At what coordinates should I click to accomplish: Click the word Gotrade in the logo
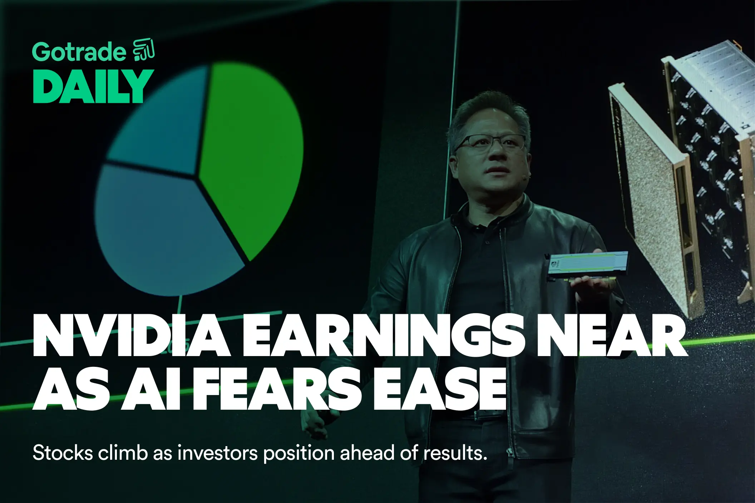tap(79, 52)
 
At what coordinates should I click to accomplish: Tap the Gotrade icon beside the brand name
tap(144, 49)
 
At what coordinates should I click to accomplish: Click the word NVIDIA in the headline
tap(130, 336)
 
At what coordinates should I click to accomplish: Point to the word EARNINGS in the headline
tap(383, 336)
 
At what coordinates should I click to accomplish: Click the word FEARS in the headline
tap(277, 390)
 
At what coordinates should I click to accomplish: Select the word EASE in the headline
tap(440, 390)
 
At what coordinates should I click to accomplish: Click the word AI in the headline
tap(150, 390)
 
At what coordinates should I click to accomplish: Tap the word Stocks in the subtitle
tap(63, 453)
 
